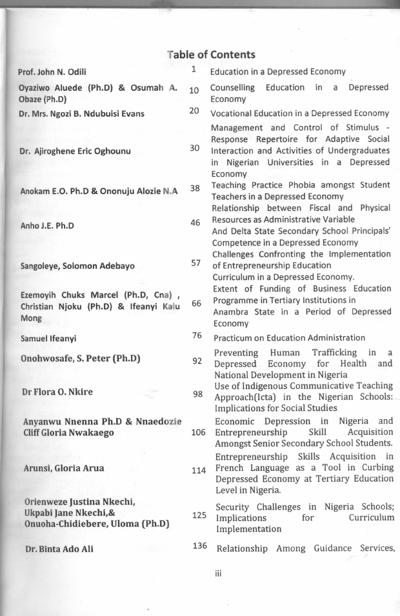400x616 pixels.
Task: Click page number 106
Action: [198, 432]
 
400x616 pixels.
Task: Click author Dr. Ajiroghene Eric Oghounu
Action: [75, 152]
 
